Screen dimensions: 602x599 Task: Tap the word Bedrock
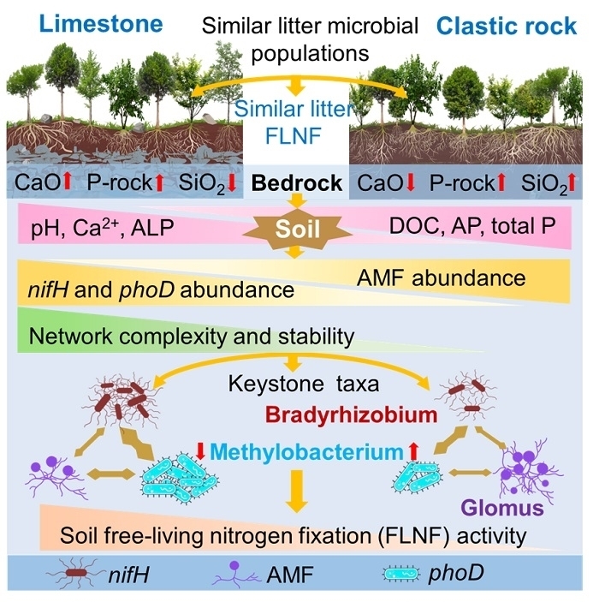click(295, 183)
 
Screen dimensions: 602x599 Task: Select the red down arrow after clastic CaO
click(412, 183)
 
